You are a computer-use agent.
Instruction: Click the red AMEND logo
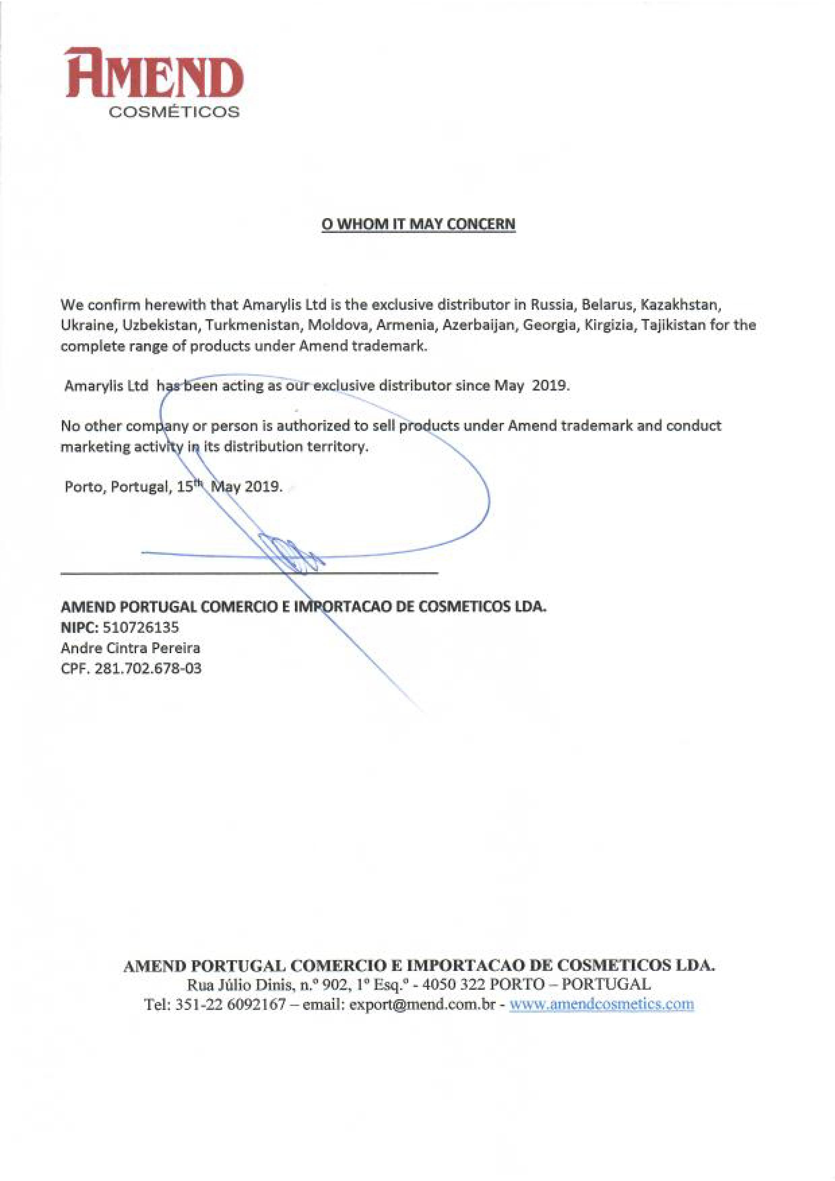pos(154,73)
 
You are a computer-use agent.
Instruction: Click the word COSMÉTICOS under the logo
pos(173,112)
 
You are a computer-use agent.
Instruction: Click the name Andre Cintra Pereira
pos(130,648)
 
